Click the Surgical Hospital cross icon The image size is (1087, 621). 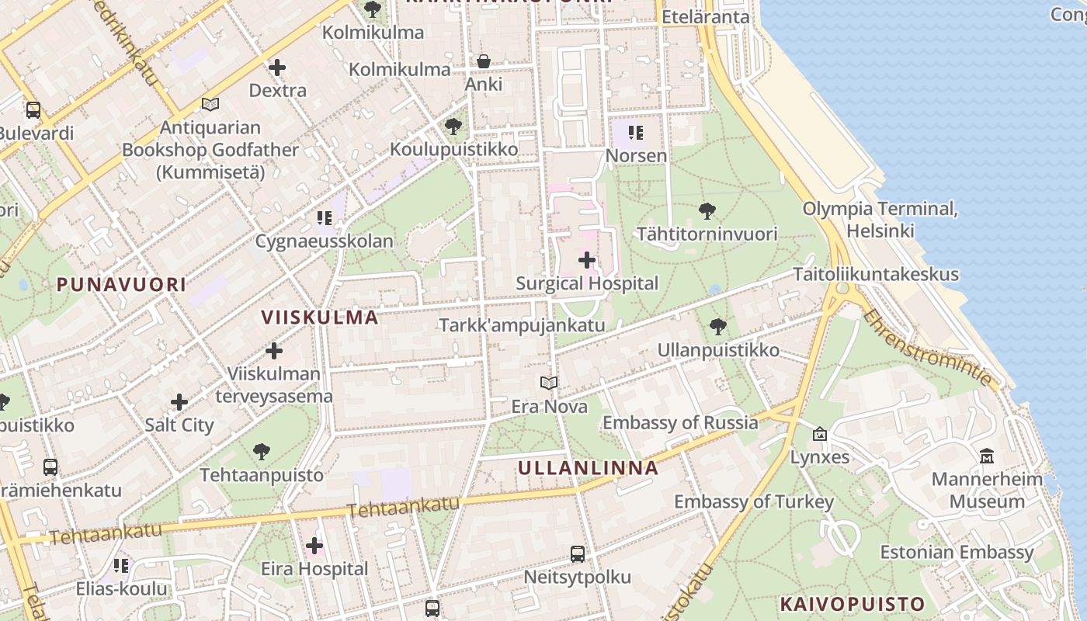[587, 260]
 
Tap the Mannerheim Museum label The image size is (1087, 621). [987, 490]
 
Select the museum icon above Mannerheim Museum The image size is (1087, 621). [987, 456]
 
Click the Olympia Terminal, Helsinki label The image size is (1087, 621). [880, 220]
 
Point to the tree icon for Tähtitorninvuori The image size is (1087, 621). [707, 210]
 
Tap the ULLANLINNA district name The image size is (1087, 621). [588, 468]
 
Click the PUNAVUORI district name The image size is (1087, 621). [121, 284]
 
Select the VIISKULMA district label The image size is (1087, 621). [320, 317]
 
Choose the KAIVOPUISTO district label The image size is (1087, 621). [853, 604]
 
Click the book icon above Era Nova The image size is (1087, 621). [549, 383]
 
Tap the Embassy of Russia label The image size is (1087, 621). [680, 423]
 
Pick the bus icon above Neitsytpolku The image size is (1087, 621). [578, 554]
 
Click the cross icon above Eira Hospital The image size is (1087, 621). [314, 546]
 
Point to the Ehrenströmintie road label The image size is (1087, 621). [928, 348]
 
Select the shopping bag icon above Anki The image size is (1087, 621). [484, 61]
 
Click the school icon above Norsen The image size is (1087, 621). [636, 133]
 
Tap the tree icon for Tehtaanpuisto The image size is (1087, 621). [262, 451]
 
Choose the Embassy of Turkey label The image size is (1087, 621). [753, 501]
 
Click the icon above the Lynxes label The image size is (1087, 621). [820, 434]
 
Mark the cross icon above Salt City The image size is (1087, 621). [179, 402]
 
